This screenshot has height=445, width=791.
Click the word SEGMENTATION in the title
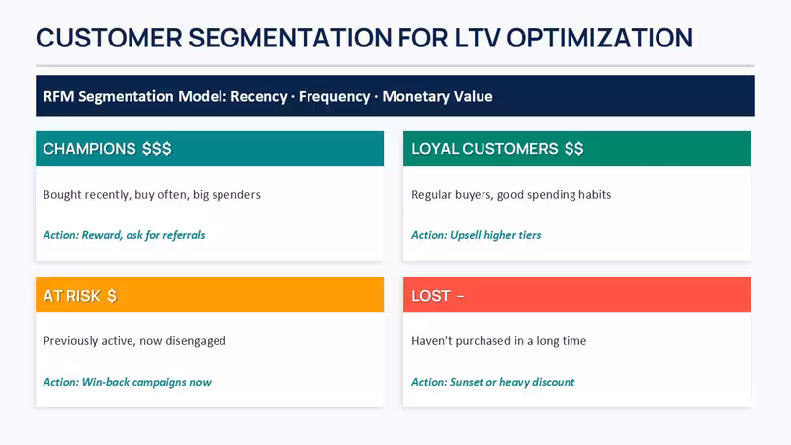click(290, 38)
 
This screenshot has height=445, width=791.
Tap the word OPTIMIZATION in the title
click(599, 38)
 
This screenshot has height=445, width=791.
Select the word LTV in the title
click(478, 38)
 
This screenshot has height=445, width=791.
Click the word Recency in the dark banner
click(259, 96)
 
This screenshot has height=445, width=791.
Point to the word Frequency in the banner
click(334, 96)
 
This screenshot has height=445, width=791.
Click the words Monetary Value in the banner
click(437, 96)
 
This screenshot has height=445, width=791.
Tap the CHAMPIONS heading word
click(89, 149)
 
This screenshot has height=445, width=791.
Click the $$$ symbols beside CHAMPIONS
click(157, 149)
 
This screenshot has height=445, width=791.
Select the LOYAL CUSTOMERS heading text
click(484, 149)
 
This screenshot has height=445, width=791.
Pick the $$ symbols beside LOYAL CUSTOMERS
click(574, 149)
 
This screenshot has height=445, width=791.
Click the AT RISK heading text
click(72, 296)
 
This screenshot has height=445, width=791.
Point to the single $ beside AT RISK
click(112, 296)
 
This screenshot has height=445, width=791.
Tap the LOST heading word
click(431, 296)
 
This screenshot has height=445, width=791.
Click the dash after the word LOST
click(460, 296)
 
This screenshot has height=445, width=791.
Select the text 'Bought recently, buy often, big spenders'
click(152, 195)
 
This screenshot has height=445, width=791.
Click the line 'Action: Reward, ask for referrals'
click(125, 235)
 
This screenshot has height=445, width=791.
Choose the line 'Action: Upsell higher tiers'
click(477, 235)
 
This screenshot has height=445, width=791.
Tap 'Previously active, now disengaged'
click(134, 341)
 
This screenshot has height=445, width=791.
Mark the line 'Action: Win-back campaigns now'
click(128, 382)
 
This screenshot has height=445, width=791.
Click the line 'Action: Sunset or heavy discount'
click(492, 382)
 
